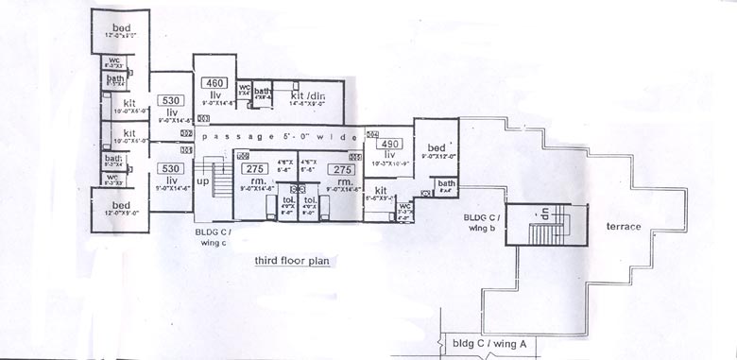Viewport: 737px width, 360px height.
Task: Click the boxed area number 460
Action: point(214,82)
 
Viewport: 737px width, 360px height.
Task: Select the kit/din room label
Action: point(308,95)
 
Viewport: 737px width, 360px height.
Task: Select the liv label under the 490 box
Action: point(388,155)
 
